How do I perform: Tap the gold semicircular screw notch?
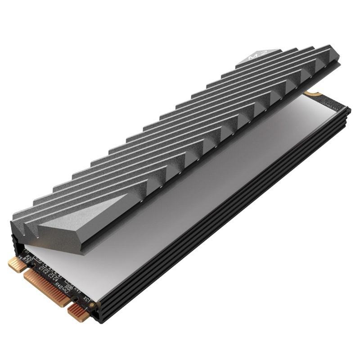[x=309, y=94]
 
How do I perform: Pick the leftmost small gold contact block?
[x=18, y=264]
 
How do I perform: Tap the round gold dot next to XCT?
[x=92, y=305]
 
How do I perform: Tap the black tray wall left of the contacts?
[x=13, y=243]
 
